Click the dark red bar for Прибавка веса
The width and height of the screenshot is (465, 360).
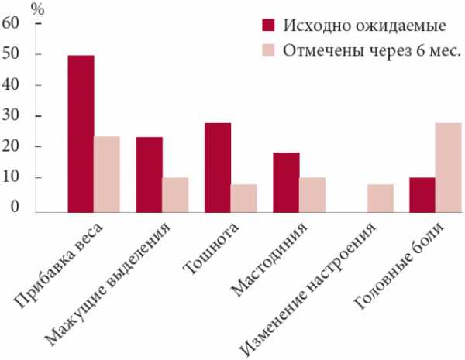[81, 132]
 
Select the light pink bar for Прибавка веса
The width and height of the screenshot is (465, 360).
[107, 173]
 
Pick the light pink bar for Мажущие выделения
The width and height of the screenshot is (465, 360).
[175, 194]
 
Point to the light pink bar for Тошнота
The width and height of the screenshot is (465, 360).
[243, 197]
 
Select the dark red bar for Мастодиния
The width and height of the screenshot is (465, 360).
[286, 180]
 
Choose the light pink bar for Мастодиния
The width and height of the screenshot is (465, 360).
[312, 194]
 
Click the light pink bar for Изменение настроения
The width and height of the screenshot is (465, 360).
[381, 197]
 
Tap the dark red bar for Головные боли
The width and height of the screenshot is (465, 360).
[422, 194]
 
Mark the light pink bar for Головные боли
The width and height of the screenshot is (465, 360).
[448, 166]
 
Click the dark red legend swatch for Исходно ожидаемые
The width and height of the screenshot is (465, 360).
[270, 25]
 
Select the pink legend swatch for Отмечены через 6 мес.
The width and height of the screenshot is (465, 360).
[270, 51]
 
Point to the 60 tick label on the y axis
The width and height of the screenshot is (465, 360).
[11, 22]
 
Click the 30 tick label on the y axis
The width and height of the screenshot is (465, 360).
[11, 116]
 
